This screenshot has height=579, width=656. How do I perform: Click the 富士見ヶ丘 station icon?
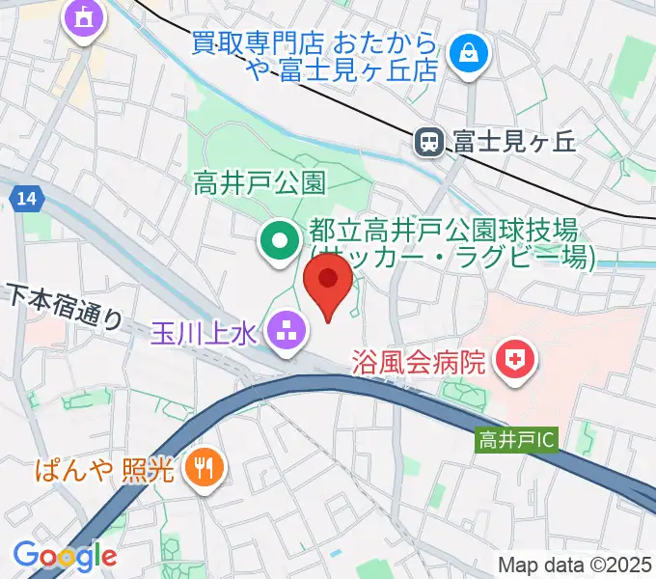[428, 143]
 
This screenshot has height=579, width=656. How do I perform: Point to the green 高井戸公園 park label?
[261, 181]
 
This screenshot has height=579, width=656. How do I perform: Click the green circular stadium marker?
[280, 239]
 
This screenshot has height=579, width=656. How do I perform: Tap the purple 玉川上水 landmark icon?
[287, 331]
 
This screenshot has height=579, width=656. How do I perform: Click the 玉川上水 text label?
[203, 333]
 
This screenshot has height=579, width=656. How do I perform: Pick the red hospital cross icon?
[515, 363]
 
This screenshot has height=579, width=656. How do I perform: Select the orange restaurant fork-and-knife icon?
[205, 470]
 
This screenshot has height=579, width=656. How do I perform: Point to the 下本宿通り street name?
[66, 307]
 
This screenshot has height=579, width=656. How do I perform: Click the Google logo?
[65, 555]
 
